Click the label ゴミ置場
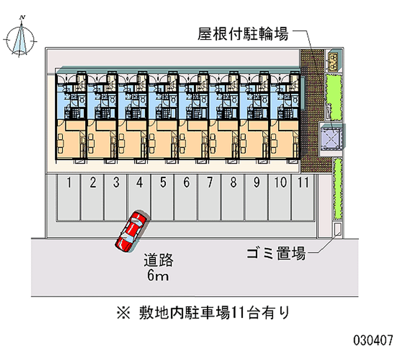(275, 254)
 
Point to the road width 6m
(158, 276)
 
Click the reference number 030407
(373, 341)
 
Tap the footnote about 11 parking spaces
(203, 312)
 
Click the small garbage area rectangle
(337, 229)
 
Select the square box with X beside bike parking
(331, 138)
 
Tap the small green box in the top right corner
(333, 60)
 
